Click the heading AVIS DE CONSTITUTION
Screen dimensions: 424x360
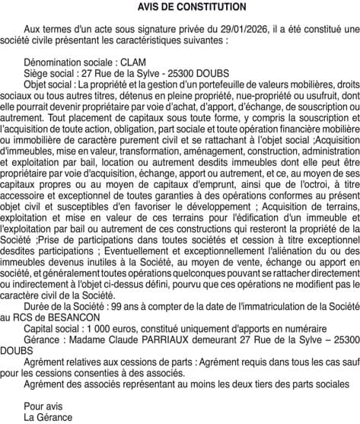[x=181, y=7]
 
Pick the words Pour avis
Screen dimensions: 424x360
[x=42, y=406]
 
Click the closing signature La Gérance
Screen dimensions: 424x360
[x=48, y=416]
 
